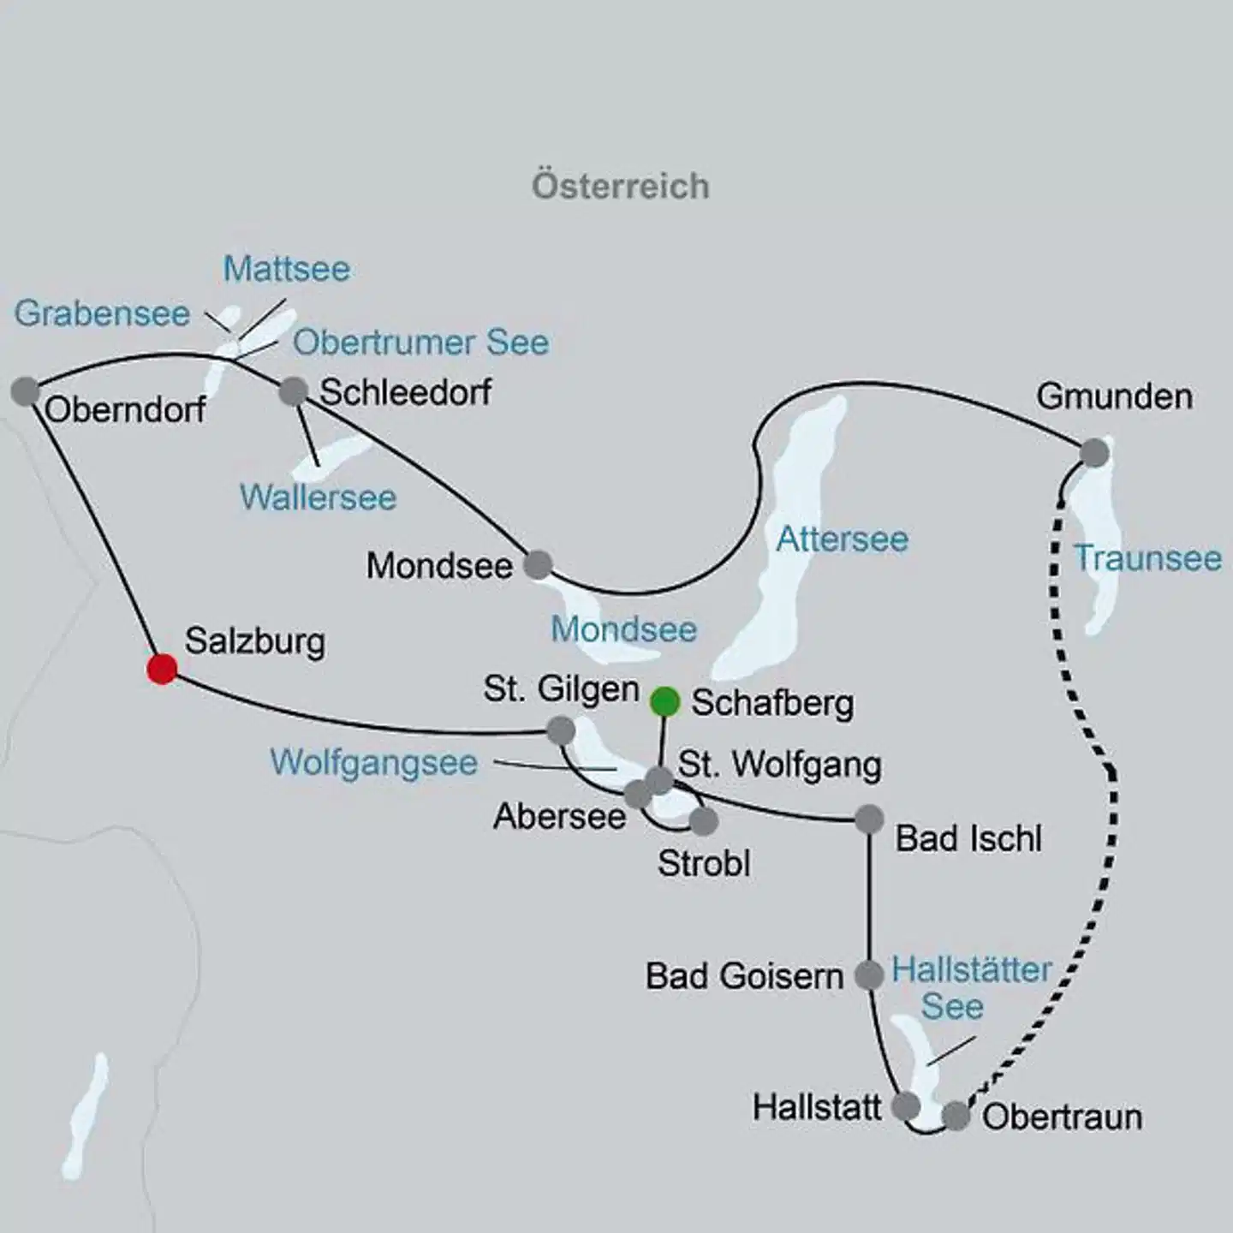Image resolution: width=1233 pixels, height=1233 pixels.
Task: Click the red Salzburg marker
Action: pyautogui.click(x=162, y=669)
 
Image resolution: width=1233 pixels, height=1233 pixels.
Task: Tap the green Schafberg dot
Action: pyautogui.click(x=665, y=701)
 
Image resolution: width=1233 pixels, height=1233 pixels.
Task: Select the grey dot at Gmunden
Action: pyautogui.click(x=1094, y=453)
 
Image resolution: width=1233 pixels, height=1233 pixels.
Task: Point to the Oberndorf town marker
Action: pyautogui.click(x=26, y=391)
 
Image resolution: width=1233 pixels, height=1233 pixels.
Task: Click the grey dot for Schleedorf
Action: pyautogui.click(x=294, y=391)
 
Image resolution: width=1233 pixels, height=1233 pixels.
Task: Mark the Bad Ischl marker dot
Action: pyautogui.click(x=869, y=819)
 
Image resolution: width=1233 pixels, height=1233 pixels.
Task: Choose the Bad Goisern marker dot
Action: pyautogui.click(x=869, y=974)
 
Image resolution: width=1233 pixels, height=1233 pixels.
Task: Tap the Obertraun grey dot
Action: pyautogui.click(x=956, y=1116)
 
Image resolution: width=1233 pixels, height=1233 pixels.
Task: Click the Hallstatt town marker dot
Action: pyautogui.click(x=905, y=1105)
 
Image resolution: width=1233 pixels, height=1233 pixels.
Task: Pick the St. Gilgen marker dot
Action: pyautogui.click(x=561, y=730)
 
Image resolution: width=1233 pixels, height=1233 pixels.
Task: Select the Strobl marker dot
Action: pyautogui.click(x=703, y=821)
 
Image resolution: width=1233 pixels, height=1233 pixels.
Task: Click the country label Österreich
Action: pyautogui.click(x=621, y=186)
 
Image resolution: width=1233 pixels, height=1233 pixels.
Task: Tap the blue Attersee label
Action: pyautogui.click(x=842, y=539)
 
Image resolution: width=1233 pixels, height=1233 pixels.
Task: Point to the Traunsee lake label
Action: pyautogui.click(x=1147, y=558)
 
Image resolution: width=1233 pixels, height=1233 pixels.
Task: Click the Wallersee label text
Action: pyautogui.click(x=318, y=497)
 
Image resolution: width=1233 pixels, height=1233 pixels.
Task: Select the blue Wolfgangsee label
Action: pyautogui.click(x=373, y=762)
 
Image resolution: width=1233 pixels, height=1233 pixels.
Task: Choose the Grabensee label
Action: pyautogui.click(x=102, y=313)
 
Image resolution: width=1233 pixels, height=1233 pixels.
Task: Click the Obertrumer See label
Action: pyautogui.click(x=420, y=342)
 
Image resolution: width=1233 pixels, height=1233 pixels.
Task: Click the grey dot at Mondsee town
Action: pyautogui.click(x=538, y=564)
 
